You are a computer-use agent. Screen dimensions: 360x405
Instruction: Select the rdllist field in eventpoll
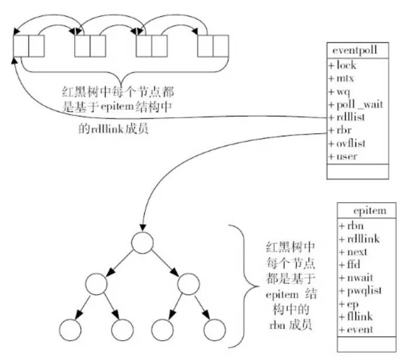click(x=348, y=117)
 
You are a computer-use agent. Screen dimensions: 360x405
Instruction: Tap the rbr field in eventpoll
click(x=342, y=130)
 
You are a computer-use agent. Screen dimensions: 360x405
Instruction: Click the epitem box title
click(x=369, y=211)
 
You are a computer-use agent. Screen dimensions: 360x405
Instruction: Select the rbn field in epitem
click(x=351, y=227)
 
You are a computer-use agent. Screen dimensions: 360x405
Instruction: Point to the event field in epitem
click(x=357, y=329)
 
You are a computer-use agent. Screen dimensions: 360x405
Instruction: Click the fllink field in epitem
click(x=356, y=316)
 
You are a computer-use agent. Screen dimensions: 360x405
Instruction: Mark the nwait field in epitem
click(x=357, y=277)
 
